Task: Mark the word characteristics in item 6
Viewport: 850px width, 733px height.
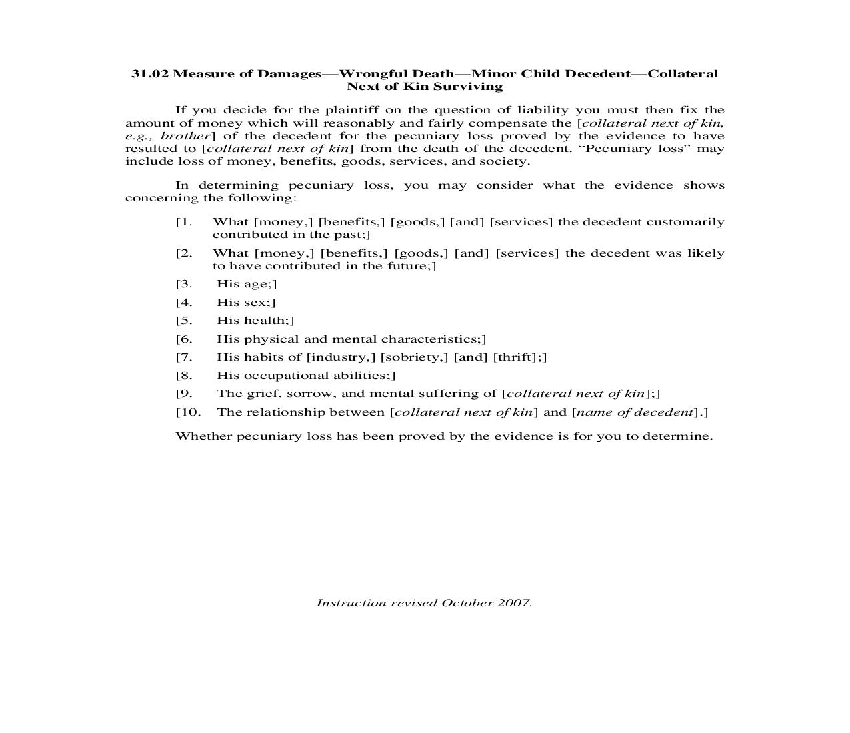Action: pos(430,339)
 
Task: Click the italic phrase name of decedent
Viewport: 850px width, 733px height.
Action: pos(635,412)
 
